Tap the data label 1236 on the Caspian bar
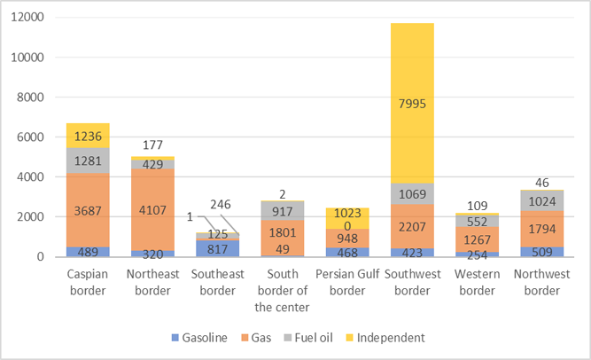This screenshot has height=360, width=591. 89,136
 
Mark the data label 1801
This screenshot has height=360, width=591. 283,210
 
